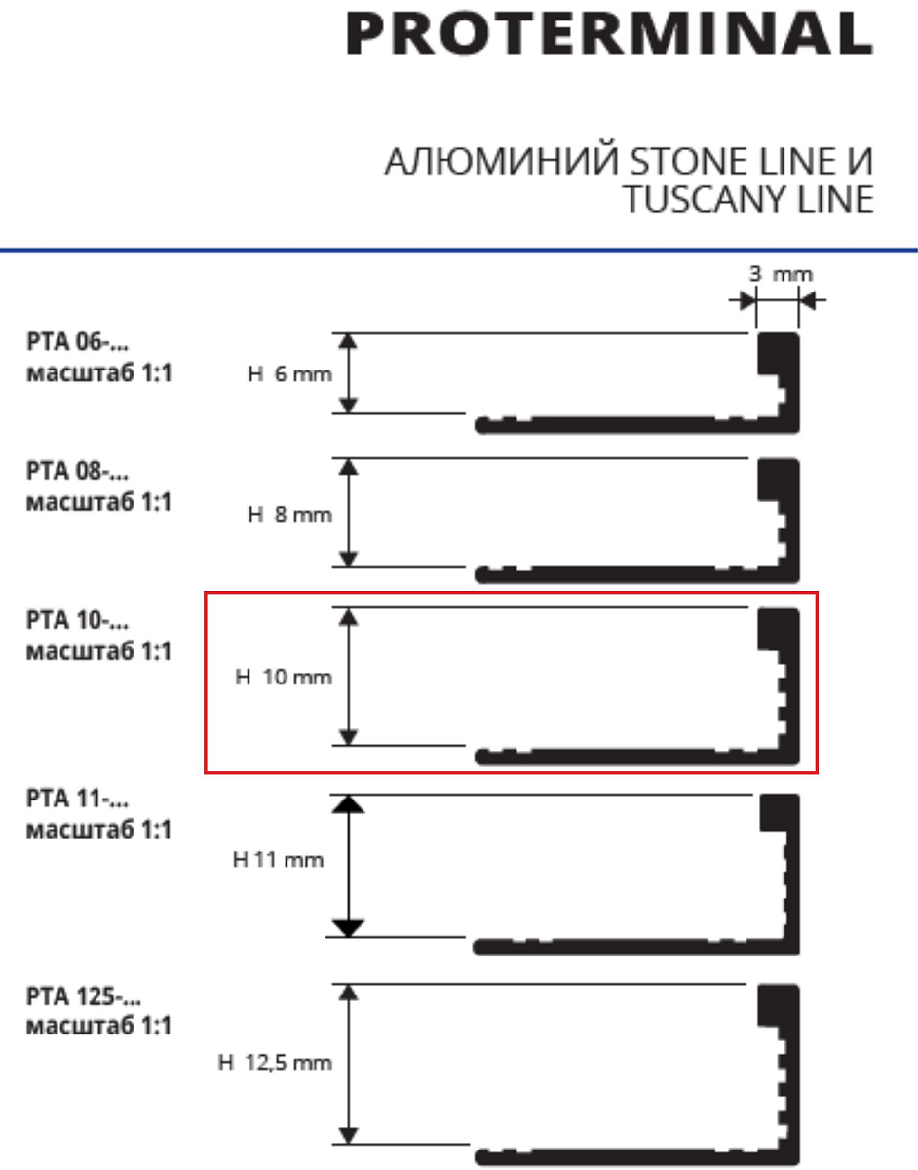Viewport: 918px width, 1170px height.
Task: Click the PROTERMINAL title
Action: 609,33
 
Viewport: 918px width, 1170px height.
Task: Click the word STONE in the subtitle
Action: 689,161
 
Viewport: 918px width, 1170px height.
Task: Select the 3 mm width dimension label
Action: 781,274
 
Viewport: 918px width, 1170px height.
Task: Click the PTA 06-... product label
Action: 78,342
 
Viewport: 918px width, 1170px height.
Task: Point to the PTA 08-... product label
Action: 78,471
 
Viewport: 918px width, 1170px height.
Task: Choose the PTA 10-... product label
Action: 78,620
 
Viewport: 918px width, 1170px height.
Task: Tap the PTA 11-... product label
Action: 78,799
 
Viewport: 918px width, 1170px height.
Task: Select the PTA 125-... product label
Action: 84,996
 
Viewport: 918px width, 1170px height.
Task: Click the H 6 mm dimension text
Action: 289,373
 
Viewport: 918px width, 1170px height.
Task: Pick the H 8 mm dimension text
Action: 289,514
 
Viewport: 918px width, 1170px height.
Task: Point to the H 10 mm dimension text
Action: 284,677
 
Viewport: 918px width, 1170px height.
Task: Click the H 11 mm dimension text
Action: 278,860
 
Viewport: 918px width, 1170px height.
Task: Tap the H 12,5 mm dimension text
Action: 275,1063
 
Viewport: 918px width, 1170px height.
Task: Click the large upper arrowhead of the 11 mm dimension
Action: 348,804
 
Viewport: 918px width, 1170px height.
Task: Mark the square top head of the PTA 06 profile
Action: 779,354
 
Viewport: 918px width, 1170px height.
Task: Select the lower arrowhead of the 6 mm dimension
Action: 349,406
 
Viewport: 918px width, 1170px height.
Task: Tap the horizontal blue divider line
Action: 459,250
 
